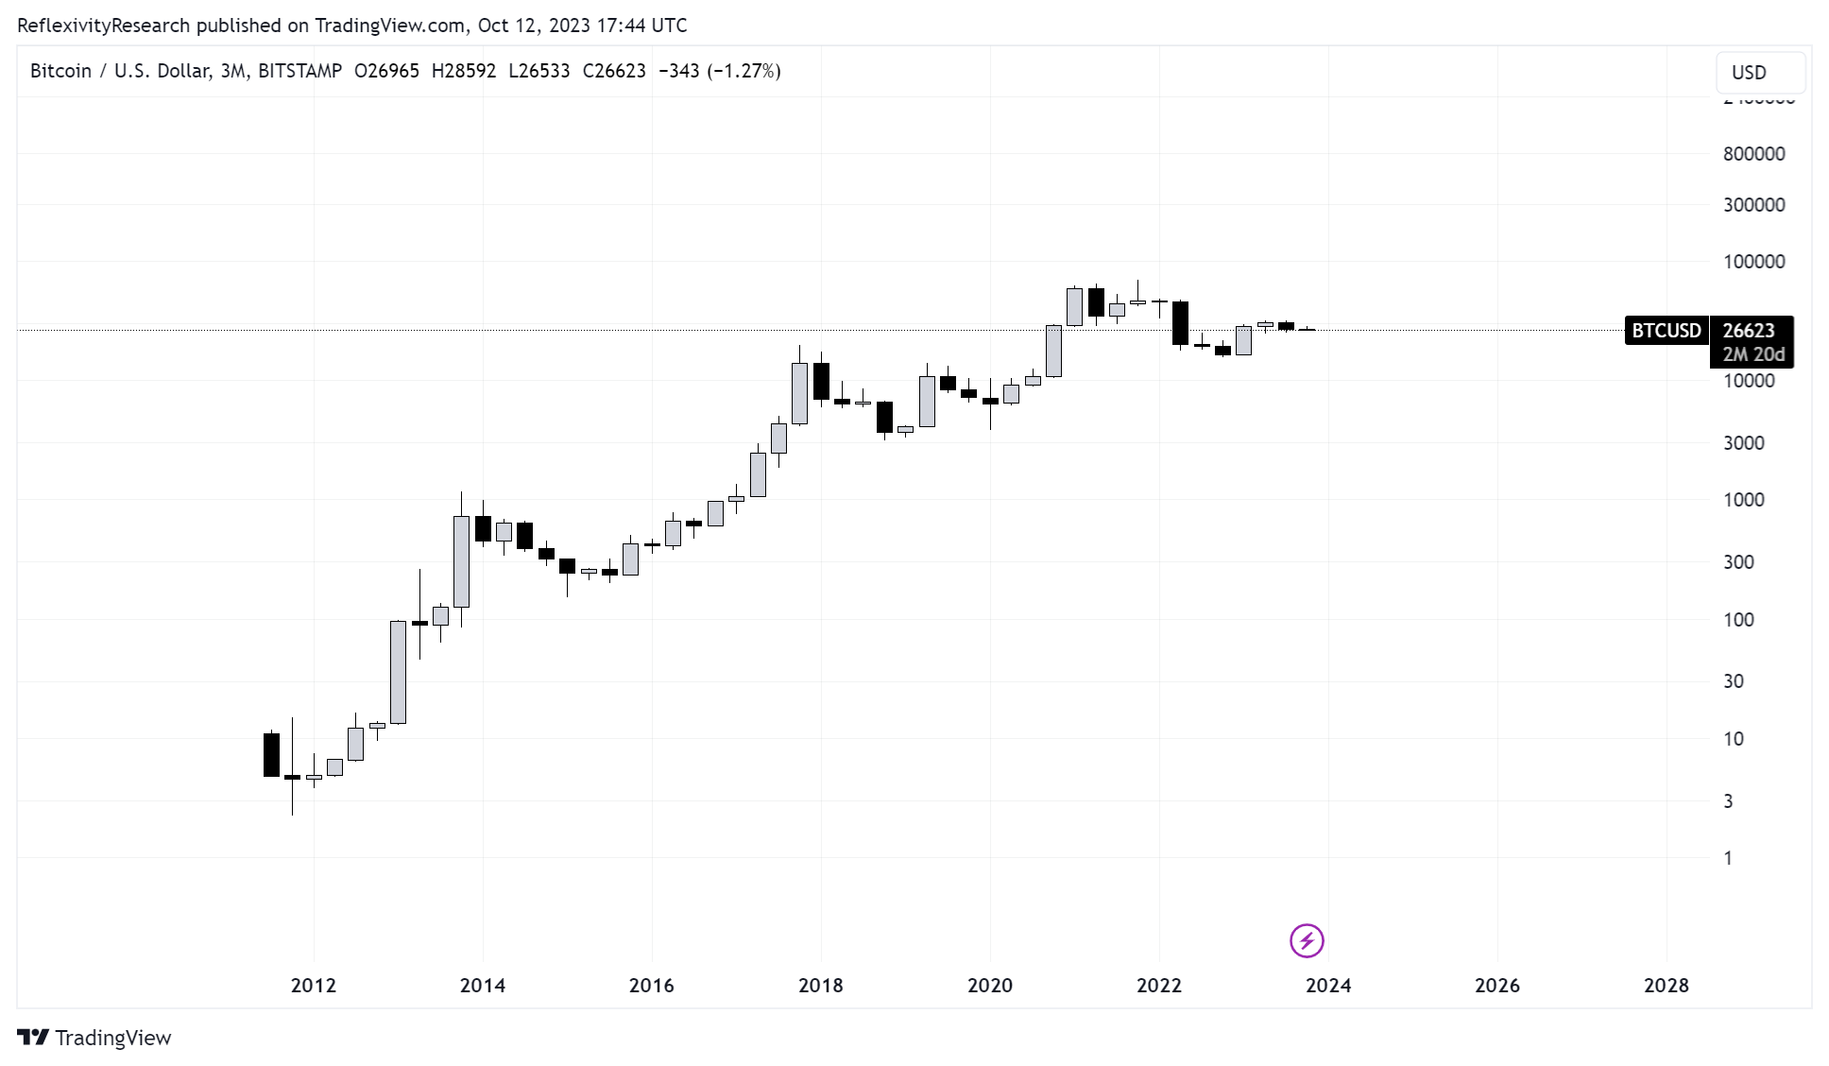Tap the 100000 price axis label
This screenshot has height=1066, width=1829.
point(1753,262)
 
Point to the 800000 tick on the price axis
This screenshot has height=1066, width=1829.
point(1753,154)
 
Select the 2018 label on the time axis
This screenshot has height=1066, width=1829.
point(820,986)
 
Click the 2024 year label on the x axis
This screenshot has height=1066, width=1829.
point(1327,986)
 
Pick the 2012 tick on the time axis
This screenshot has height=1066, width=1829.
point(313,986)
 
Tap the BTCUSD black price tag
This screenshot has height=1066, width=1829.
point(1666,331)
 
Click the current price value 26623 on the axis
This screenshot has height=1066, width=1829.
point(1749,331)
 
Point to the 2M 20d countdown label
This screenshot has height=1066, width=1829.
point(1753,354)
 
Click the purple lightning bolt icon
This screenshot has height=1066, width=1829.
point(1307,940)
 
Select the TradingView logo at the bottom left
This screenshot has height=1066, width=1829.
point(94,1038)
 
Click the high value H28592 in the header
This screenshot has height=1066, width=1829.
point(463,71)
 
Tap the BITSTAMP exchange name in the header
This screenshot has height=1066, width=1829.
point(299,71)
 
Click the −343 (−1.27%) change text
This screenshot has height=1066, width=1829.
point(719,71)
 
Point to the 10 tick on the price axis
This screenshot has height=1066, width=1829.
point(1733,739)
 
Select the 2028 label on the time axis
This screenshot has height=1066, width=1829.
point(1666,986)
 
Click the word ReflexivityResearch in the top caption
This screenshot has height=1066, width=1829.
point(104,26)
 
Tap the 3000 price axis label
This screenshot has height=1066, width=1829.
point(1743,443)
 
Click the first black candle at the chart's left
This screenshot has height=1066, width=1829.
point(271,754)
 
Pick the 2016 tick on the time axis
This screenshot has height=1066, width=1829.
point(651,986)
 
